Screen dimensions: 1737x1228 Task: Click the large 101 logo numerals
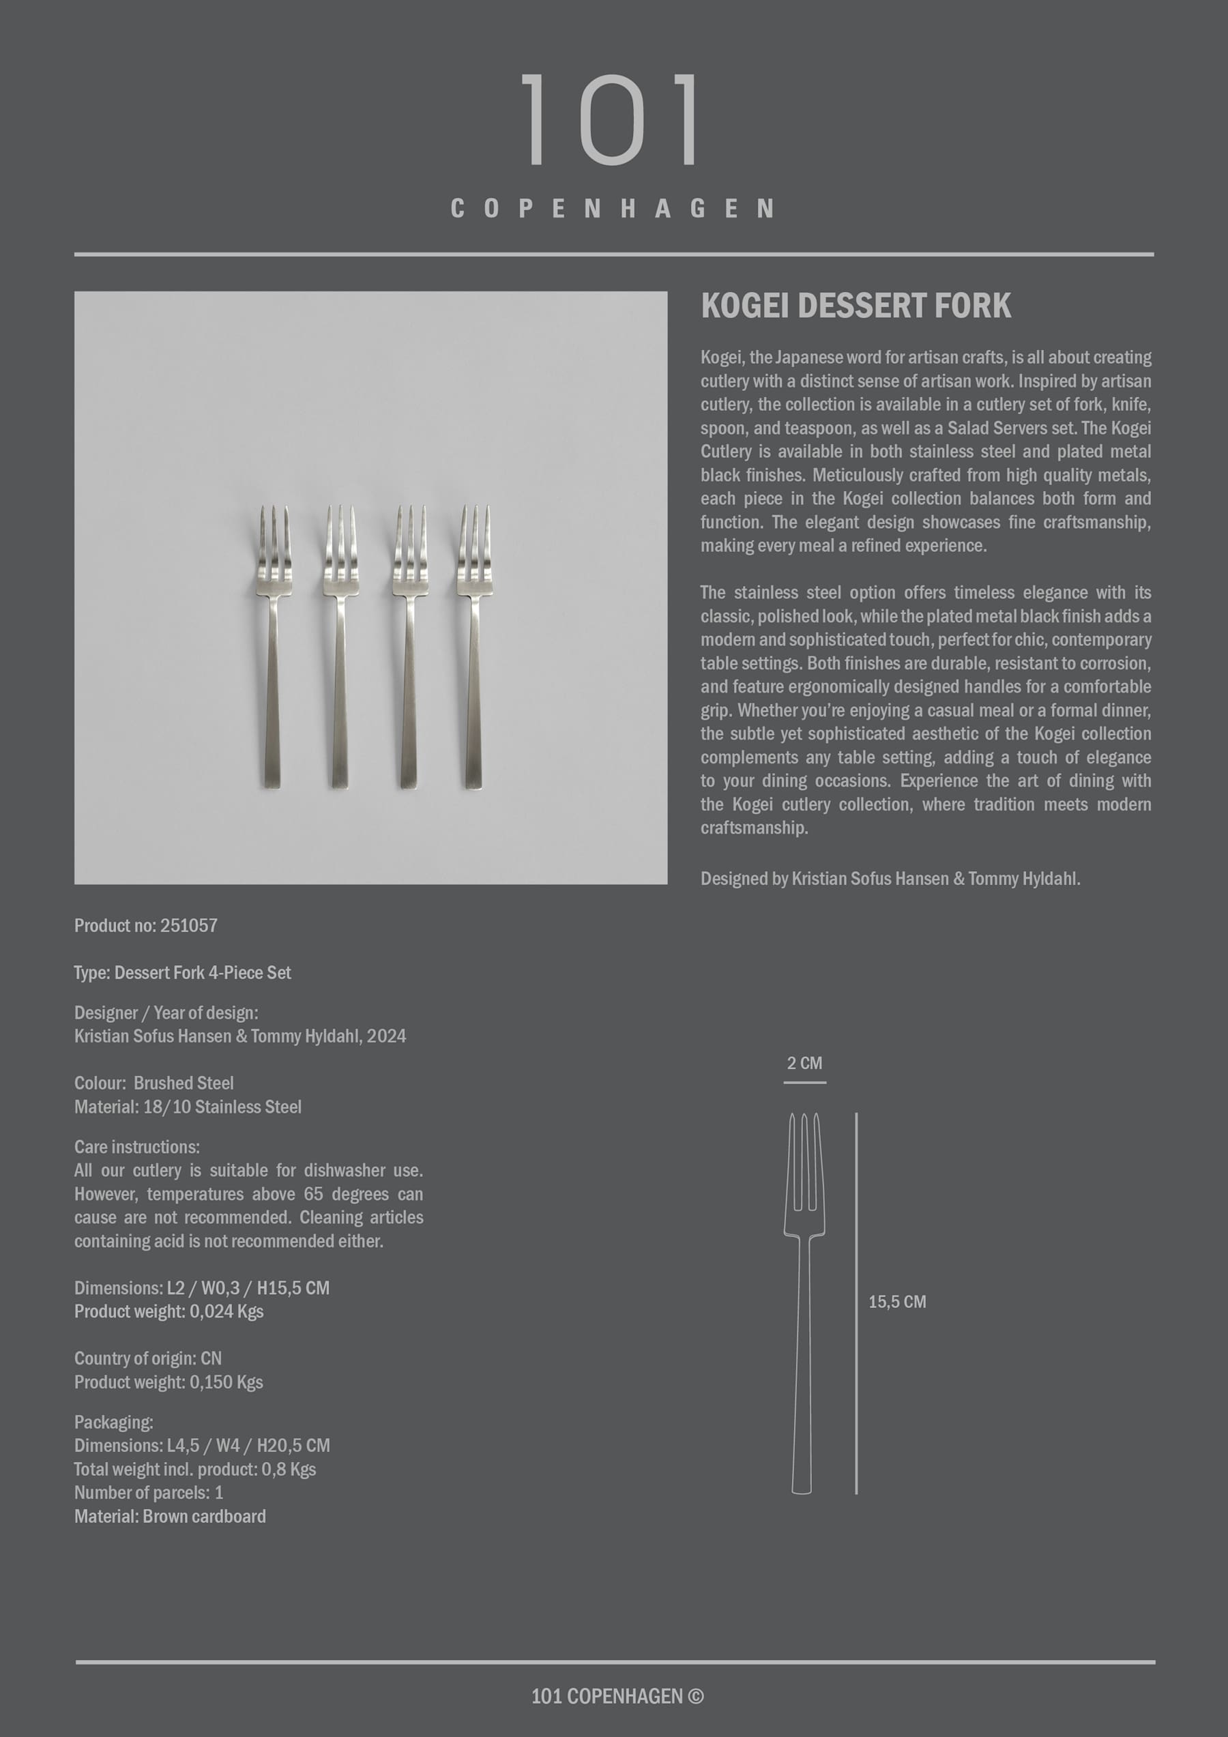pyautogui.click(x=611, y=119)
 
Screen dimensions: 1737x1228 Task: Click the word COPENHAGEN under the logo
pyautogui.click(x=611, y=209)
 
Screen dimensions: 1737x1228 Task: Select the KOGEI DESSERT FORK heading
pyautogui.click(x=855, y=306)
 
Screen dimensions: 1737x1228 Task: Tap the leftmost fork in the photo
pyautogui.click(x=273, y=647)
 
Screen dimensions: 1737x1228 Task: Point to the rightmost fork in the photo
pyautogui.click(x=473, y=647)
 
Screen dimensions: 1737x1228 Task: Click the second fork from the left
pyautogui.click(x=340, y=647)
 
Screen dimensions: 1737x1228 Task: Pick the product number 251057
pyautogui.click(x=188, y=925)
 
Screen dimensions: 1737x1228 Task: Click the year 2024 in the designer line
pyautogui.click(x=386, y=1036)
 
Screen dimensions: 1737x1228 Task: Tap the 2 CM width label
pyautogui.click(x=804, y=1063)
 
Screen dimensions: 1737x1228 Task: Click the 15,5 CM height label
pyautogui.click(x=896, y=1302)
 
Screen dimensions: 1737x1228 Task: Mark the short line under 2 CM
pyautogui.click(x=804, y=1083)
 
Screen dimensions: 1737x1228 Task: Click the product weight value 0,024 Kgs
pyautogui.click(x=226, y=1311)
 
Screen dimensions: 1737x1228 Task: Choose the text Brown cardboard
pyautogui.click(x=203, y=1516)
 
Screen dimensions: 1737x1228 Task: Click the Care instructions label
pyautogui.click(x=137, y=1147)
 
